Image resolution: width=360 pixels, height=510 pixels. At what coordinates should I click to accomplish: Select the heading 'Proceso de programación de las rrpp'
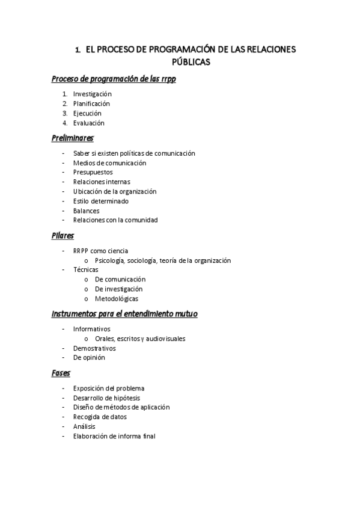114,79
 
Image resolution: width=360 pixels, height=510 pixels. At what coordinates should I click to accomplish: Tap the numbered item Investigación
93,94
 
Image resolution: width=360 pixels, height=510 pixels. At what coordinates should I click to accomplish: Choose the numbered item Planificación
91,103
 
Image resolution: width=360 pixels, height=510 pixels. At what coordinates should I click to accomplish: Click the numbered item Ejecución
87,113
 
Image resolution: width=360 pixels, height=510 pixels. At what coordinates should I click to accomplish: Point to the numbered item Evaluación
89,123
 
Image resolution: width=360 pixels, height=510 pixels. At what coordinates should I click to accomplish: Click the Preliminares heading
73,138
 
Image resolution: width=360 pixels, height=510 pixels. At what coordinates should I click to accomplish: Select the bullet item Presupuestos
93,172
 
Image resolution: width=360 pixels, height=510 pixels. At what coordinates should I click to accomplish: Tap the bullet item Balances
87,210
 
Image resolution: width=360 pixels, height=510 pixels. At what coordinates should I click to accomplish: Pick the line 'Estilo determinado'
101,201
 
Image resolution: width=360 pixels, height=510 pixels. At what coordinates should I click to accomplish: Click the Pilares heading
63,236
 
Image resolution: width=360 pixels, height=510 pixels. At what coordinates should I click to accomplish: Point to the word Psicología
109,260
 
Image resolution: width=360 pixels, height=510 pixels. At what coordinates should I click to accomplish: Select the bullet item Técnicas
86,269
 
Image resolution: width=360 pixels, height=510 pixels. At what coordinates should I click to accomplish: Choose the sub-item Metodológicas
117,298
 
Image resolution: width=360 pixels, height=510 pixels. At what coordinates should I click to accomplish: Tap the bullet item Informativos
92,329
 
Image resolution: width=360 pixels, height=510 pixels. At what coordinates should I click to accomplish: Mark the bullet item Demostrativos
94,348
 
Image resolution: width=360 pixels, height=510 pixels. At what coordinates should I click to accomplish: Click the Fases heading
61,373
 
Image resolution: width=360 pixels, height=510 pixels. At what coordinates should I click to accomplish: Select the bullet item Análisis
84,426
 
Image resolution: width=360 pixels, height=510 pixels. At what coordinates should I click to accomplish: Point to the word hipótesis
124,398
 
